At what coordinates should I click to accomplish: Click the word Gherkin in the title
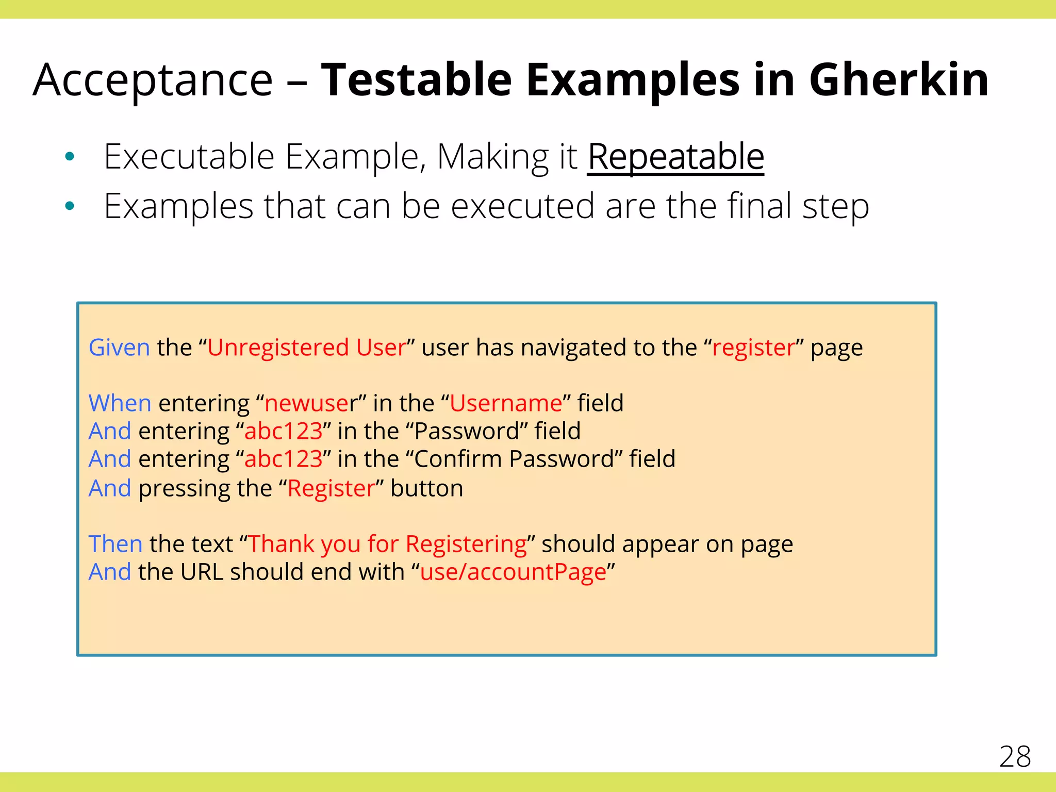(898, 80)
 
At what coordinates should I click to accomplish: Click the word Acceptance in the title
(153, 80)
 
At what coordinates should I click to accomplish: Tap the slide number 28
(1015, 756)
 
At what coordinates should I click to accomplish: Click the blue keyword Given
(119, 348)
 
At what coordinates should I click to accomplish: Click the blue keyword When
(120, 403)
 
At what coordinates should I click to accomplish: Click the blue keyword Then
(115, 544)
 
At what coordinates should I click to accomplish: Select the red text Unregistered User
(307, 348)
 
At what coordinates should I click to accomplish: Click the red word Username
(505, 403)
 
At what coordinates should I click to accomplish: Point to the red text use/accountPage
(513, 572)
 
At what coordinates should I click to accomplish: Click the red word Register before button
(331, 488)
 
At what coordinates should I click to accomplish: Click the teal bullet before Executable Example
(70, 156)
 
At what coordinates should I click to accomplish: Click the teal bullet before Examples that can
(70, 206)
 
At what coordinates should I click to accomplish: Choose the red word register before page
(753, 348)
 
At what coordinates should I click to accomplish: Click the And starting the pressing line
(110, 488)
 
